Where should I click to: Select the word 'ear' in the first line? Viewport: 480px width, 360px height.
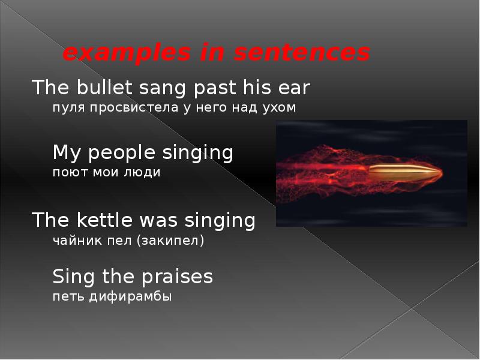(x=294, y=89)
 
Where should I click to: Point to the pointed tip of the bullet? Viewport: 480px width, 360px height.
(x=440, y=173)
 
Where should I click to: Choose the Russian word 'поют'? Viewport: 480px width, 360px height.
(x=67, y=172)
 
